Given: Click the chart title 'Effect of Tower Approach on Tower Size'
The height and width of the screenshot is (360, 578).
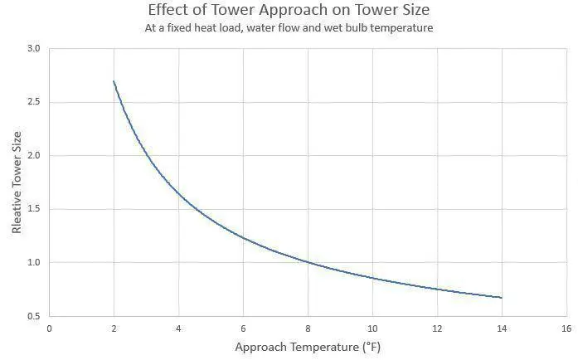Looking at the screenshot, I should pyautogui.click(x=289, y=12).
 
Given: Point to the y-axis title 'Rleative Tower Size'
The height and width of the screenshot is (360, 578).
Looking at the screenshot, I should pyautogui.click(x=17, y=183).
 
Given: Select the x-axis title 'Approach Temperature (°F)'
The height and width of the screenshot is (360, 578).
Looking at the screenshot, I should pyautogui.click(x=308, y=346).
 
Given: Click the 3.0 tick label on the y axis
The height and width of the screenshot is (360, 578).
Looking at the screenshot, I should pyautogui.click(x=32, y=49).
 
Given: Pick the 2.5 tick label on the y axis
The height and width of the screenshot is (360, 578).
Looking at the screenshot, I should pyautogui.click(x=32, y=103).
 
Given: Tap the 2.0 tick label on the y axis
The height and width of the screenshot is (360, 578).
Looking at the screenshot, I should pyautogui.click(x=32, y=156).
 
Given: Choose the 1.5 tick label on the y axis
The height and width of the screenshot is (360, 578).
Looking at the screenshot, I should pyautogui.click(x=32, y=209).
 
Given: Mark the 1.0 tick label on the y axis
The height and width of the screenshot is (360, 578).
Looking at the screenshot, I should pyautogui.click(x=32, y=263).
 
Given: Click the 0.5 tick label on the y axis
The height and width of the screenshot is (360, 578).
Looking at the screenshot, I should pyautogui.click(x=32, y=316).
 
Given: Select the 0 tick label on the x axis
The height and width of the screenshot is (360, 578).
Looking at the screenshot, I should pyautogui.click(x=49, y=328).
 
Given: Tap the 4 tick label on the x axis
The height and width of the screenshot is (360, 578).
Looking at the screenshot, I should pyautogui.click(x=178, y=328).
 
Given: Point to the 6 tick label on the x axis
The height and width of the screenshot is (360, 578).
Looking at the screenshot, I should pyautogui.click(x=243, y=328).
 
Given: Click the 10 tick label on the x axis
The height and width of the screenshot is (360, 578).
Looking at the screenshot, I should pyautogui.click(x=372, y=328).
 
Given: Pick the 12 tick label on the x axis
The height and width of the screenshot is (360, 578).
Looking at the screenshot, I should pyautogui.click(x=437, y=328).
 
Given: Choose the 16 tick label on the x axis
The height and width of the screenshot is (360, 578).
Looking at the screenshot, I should pyautogui.click(x=566, y=328).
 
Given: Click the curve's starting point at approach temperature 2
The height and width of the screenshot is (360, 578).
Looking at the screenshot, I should pyautogui.click(x=114, y=81).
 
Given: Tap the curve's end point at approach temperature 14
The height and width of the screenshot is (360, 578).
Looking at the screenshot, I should pyautogui.click(x=502, y=298).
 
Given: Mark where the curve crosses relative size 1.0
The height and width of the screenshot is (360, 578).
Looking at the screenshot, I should pyautogui.click(x=308, y=263).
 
